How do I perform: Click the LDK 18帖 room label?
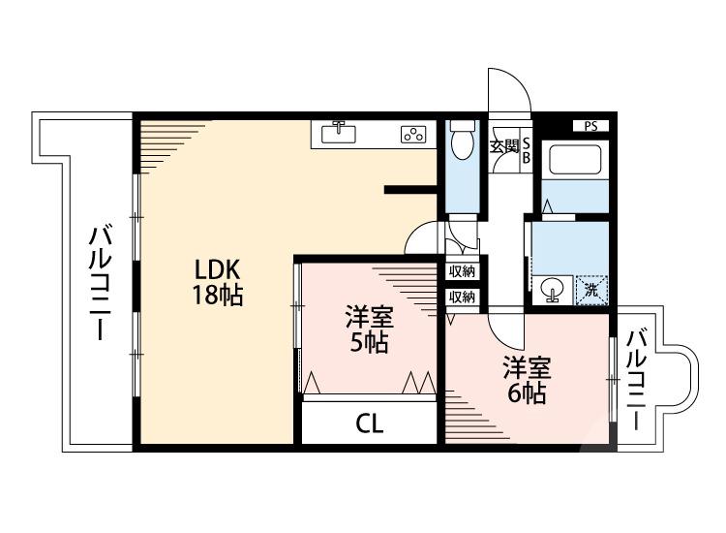[218, 282]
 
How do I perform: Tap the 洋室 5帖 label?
[369, 329]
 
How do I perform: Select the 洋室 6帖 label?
[527, 380]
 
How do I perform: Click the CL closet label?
[370, 423]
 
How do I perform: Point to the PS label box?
[590, 126]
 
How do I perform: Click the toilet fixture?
[462, 139]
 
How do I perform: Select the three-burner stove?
[413, 135]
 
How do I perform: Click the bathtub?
[575, 160]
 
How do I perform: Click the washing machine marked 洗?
[590, 290]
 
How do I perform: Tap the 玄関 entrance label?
[504, 147]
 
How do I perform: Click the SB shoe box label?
[526, 150]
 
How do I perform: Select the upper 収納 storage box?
[462, 271]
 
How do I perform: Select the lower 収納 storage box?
[462, 297]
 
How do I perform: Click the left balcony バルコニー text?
[101, 283]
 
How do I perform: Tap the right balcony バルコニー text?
[637, 378]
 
